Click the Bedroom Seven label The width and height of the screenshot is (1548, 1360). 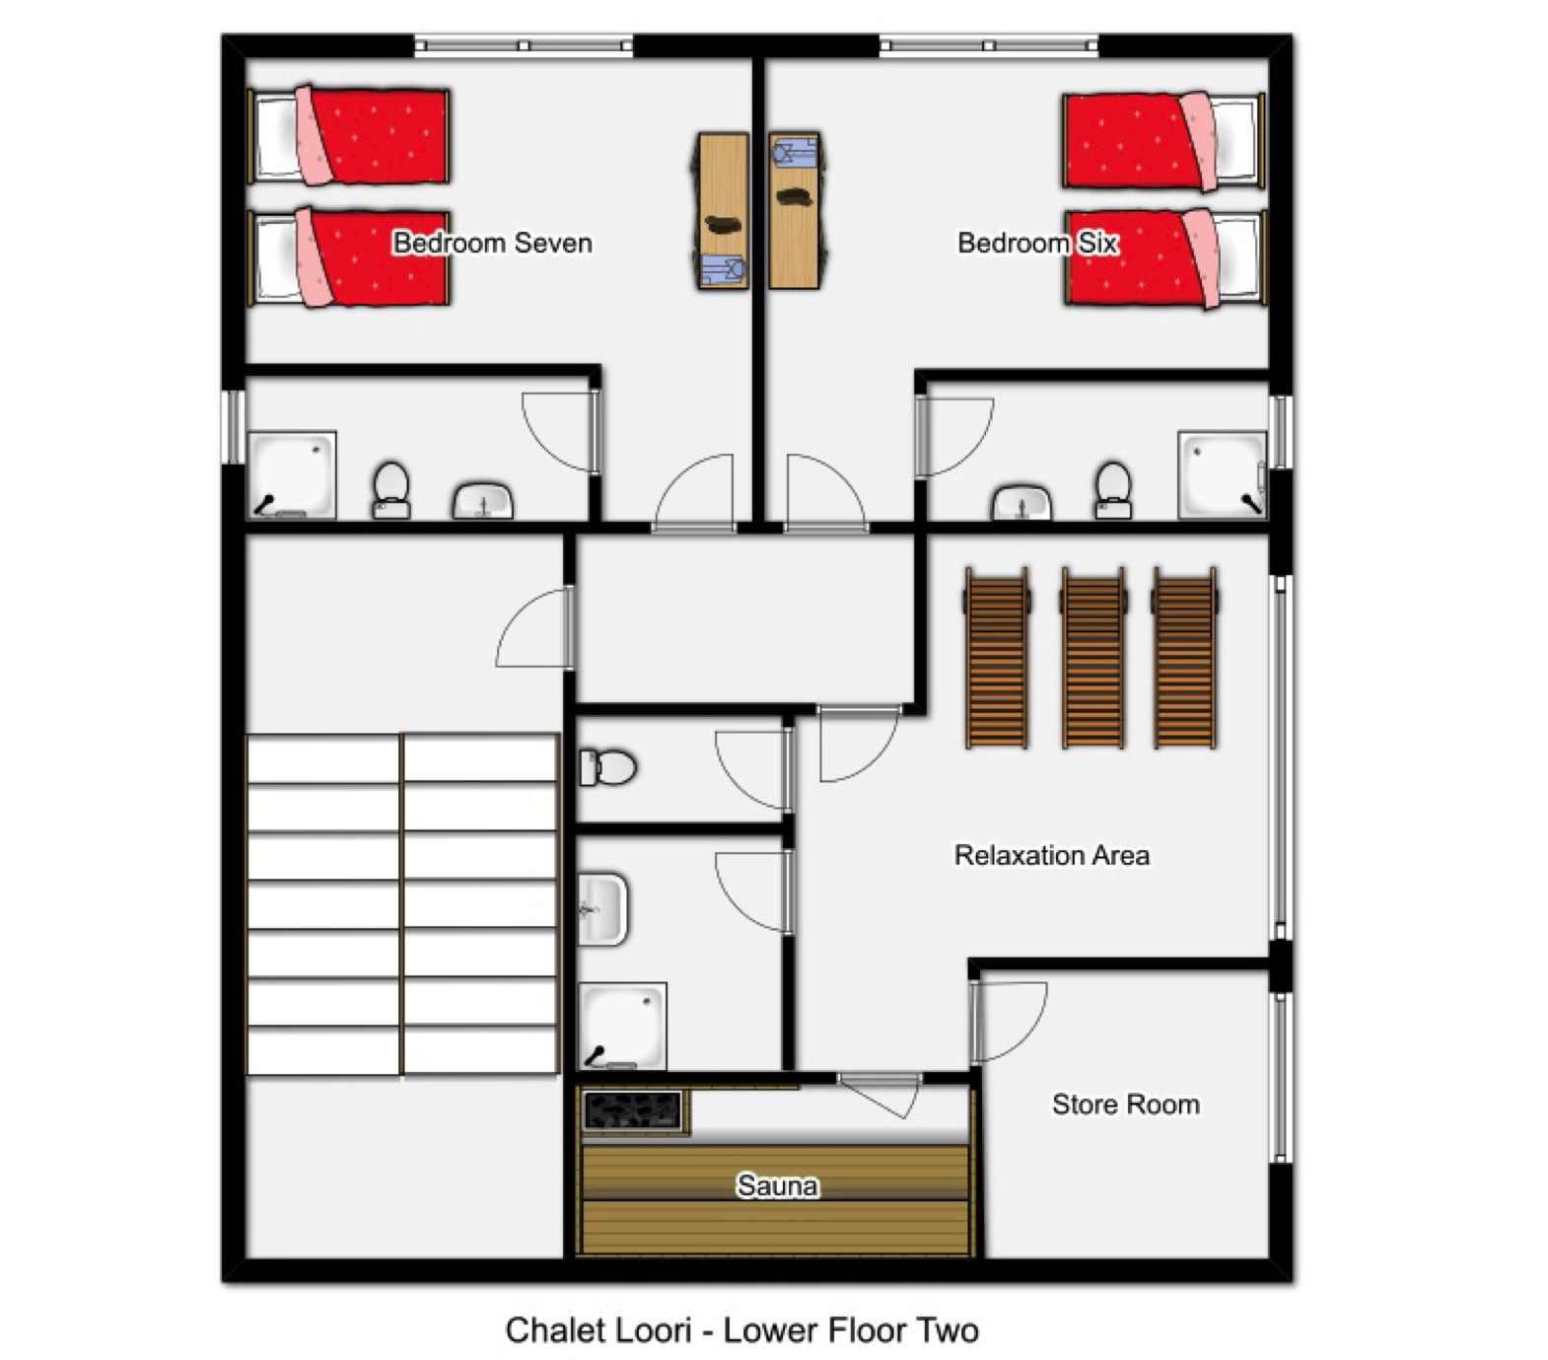click(x=492, y=243)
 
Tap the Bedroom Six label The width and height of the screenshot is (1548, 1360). click(x=1037, y=243)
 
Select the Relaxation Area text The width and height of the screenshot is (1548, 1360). click(x=1051, y=855)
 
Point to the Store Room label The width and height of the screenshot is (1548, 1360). click(x=1125, y=1105)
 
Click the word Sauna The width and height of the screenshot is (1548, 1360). click(x=777, y=1185)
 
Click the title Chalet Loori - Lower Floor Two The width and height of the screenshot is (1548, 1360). click(x=741, y=1330)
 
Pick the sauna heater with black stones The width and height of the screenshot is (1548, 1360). click(x=633, y=1110)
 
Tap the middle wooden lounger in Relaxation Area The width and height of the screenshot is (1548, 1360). click(x=1092, y=658)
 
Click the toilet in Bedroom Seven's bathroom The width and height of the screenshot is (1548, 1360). click(x=391, y=490)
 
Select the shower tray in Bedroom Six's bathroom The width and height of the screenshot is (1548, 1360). click(x=1223, y=475)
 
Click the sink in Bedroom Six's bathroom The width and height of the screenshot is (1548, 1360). click(x=1021, y=501)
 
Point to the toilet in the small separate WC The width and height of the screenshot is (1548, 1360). click(x=607, y=767)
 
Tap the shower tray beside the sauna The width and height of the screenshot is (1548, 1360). click(x=622, y=1026)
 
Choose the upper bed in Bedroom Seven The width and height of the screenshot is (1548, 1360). click(x=350, y=135)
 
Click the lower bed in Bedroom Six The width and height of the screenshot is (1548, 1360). click(x=1164, y=258)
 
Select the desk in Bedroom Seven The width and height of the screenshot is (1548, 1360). click(x=723, y=211)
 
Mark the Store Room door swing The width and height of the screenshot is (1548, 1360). click(x=1008, y=1022)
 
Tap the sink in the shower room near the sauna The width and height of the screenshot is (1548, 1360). click(x=602, y=909)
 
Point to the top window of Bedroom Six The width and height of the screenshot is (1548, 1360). click(x=989, y=45)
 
